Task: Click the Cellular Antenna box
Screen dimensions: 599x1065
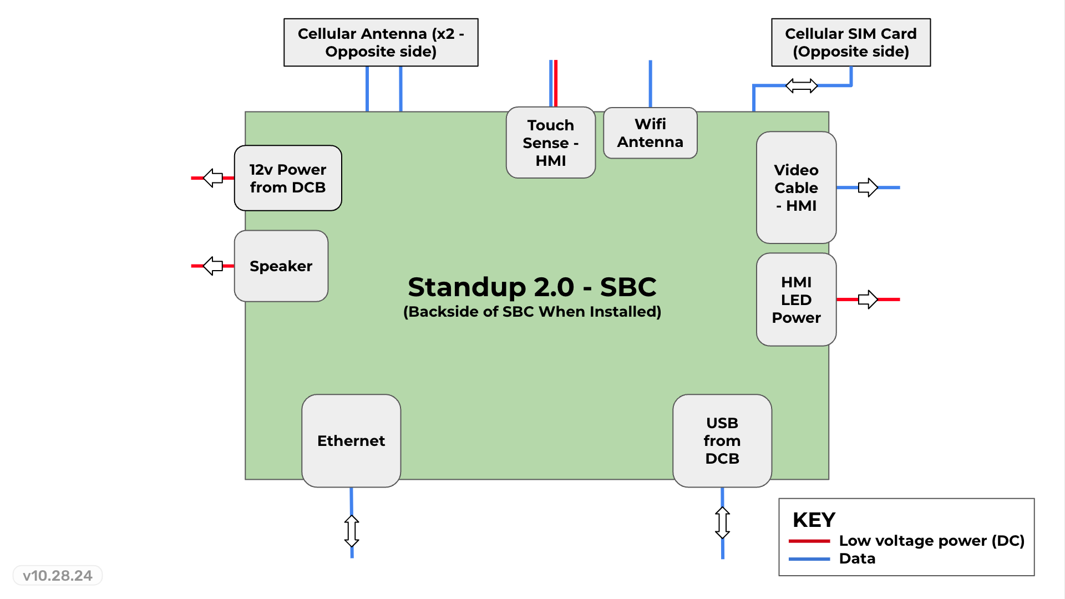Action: [381, 43]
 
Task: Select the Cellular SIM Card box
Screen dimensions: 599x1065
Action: [850, 43]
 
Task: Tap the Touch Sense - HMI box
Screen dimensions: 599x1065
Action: [550, 143]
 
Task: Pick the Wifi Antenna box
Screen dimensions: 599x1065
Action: [650, 133]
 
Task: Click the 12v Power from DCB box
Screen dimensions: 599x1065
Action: [287, 178]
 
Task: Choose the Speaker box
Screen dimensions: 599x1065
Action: [281, 266]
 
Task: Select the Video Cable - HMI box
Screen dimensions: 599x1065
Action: [796, 187]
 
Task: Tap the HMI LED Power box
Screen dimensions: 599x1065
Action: [796, 299]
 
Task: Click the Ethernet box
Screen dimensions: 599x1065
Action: [351, 441]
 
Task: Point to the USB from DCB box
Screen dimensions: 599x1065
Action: [722, 441]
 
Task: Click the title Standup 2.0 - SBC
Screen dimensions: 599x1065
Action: [532, 287]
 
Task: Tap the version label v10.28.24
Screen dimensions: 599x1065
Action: [58, 576]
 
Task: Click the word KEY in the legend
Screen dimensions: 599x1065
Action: [814, 520]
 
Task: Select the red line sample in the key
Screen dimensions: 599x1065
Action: [809, 541]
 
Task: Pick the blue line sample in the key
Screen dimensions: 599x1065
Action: [809, 559]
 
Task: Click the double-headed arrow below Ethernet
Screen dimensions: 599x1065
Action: [352, 531]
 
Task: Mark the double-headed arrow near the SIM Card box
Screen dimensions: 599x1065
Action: [802, 86]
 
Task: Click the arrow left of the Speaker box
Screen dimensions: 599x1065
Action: [213, 266]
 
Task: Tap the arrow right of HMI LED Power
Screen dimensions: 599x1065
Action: [868, 299]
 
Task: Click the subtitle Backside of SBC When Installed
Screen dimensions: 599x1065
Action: [532, 312]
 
